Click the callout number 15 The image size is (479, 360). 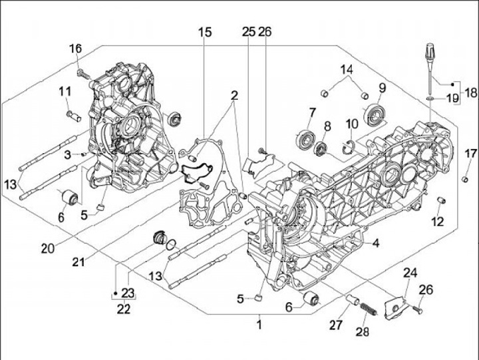tap(204, 32)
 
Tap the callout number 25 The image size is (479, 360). tap(248, 32)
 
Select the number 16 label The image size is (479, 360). tap(75, 48)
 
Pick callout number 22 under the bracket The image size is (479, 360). tap(123, 307)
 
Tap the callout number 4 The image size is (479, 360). tap(375, 244)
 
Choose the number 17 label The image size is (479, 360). tap(470, 154)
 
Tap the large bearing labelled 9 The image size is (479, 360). tap(375, 114)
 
